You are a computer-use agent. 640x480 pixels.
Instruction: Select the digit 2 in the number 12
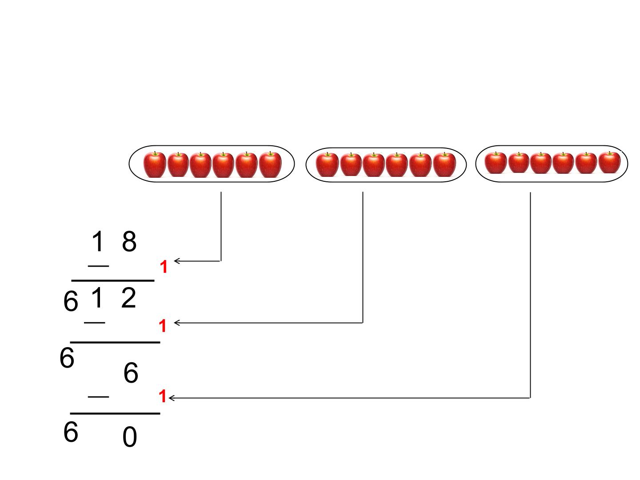tap(128, 298)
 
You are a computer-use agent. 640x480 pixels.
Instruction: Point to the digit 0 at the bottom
tap(130, 436)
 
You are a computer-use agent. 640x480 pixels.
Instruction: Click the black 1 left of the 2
tap(97, 298)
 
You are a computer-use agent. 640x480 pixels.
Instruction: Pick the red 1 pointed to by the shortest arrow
tap(164, 267)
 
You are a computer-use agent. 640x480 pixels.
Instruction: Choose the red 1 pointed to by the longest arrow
tap(162, 396)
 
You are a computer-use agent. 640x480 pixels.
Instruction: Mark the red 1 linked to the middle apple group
tap(163, 326)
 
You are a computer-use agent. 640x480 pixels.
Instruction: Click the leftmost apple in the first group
tap(155, 164)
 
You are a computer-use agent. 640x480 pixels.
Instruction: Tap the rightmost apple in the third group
tap(610, 162)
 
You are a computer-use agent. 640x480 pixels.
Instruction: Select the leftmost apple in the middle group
tap(327, 164)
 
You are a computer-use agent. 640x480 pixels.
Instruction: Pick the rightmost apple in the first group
tap(270, 164)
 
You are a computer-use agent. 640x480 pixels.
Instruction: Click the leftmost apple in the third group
tap(496, 163)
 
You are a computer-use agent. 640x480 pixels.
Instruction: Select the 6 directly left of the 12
tap(71, 302)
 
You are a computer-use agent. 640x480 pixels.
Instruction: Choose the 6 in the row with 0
tap(71, 432)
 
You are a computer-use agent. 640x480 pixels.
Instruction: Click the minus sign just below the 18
tap(99, 266)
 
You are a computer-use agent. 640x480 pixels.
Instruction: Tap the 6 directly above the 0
tap(131, 372)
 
